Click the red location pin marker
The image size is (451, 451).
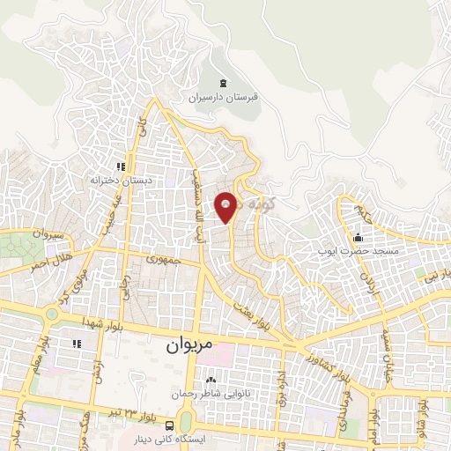click(x=227, y=206)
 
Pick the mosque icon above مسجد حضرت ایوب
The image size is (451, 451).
click(x=357, y=238)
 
